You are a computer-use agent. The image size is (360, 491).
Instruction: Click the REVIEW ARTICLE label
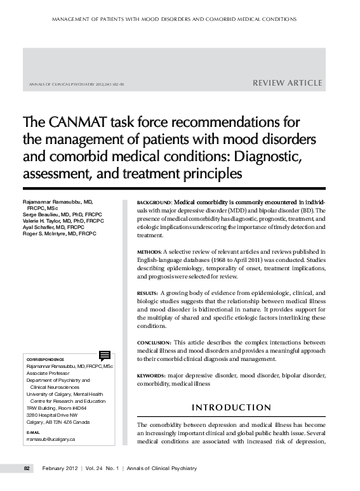click(288, 83)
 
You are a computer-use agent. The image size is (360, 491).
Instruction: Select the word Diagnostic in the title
click(262, 155)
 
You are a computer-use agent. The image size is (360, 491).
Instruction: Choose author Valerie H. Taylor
click(38, 221)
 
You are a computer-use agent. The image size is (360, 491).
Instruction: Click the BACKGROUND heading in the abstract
click(154, 202)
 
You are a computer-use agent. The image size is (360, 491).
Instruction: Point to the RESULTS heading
click(148, 293)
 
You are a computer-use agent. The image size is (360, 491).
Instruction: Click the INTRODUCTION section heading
click(231, 407)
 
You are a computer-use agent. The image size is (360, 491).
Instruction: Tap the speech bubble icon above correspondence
click(105, 355)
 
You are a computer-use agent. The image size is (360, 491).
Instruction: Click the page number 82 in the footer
click(27, 468)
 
